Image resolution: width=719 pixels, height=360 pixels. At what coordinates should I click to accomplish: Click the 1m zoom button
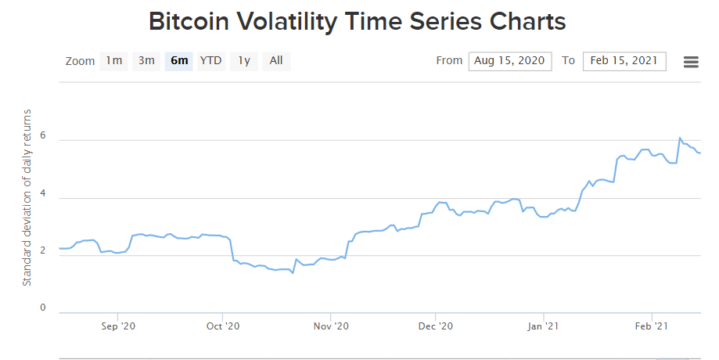point(114,61)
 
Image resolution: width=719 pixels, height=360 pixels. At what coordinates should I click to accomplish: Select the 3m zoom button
point(146,61)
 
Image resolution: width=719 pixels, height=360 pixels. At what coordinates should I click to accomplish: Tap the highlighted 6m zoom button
point(179,61)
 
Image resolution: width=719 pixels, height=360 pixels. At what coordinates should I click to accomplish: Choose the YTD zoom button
point(211,61)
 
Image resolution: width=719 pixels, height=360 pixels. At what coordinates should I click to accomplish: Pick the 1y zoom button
point(244,61)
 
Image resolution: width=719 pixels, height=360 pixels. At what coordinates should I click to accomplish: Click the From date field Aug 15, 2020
point(510,61)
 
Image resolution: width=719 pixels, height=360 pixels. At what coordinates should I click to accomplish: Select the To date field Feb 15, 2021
point(624,61)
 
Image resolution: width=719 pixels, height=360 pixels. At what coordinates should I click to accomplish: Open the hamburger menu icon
point(691,62)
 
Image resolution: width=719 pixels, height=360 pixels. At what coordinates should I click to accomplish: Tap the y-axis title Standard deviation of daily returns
point(27,198)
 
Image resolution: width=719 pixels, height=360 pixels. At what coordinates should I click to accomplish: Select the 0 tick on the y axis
point(44,308)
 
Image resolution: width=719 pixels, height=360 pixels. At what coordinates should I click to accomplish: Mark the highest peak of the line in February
point(680,139)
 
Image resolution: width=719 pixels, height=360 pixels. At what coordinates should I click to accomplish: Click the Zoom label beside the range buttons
point(80,61)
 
